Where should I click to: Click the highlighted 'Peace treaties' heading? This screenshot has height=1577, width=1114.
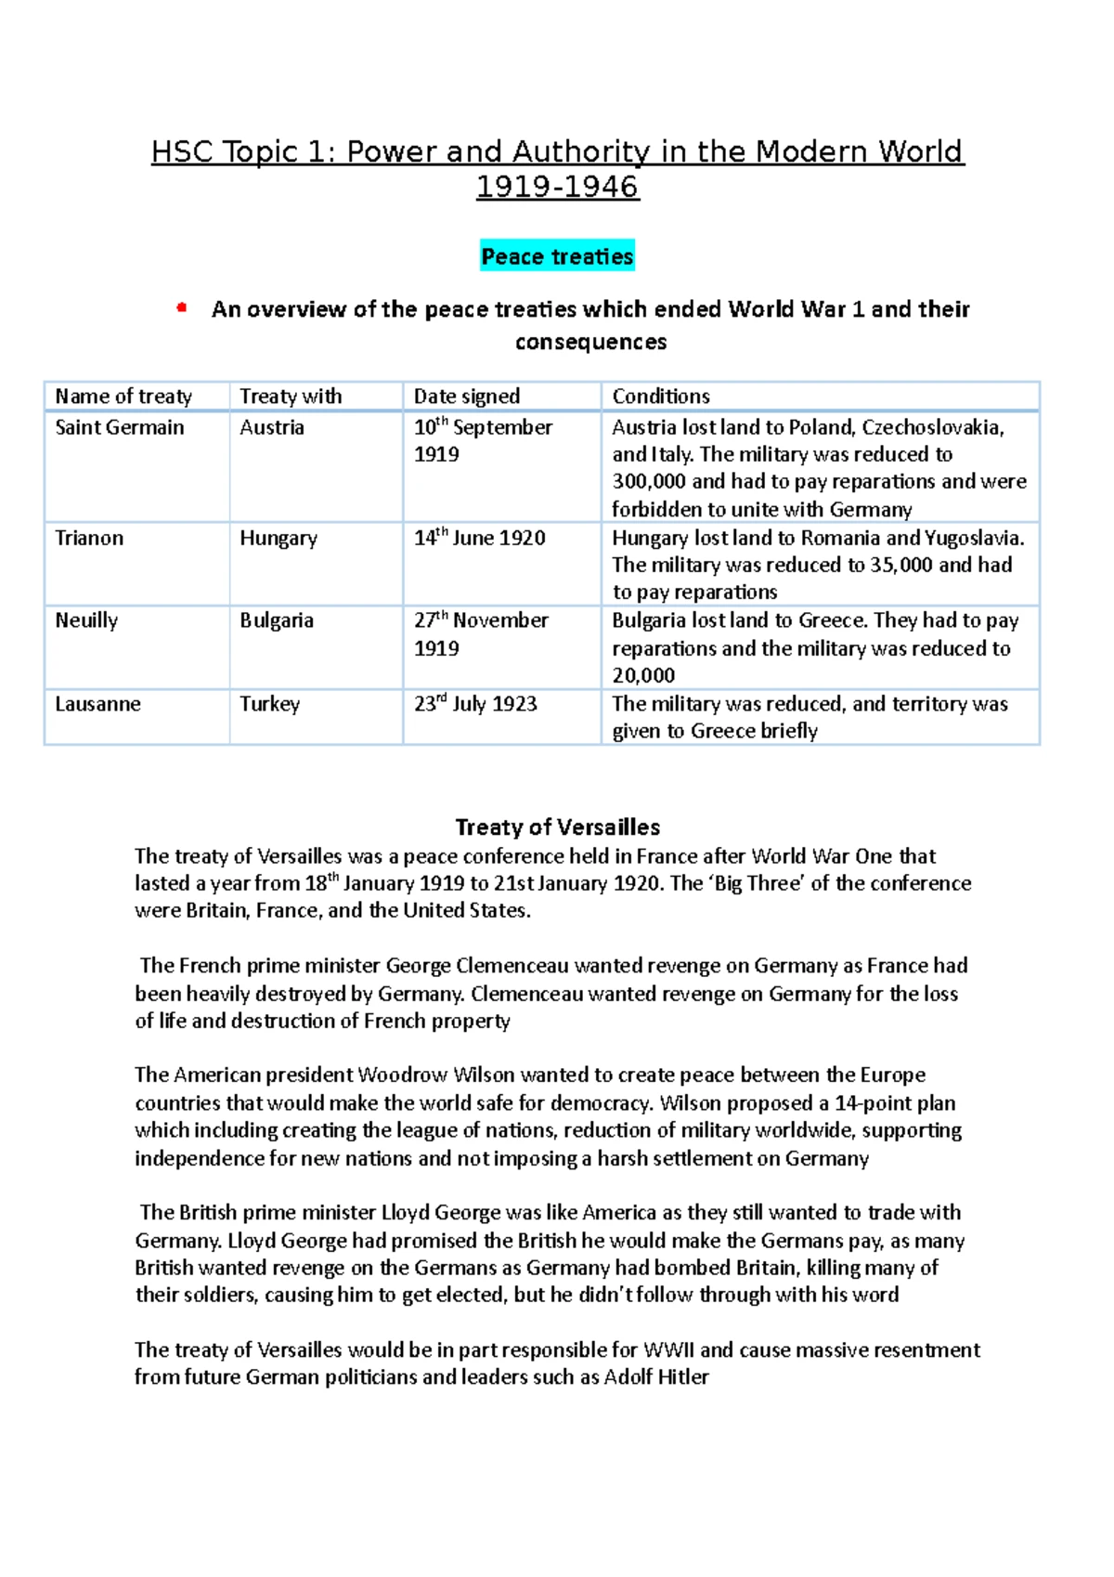[557, 256]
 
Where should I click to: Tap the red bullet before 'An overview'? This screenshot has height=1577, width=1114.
[182, 307]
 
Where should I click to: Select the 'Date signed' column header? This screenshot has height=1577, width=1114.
[466, 397]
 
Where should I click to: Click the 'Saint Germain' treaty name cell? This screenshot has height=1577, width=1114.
[120, 427]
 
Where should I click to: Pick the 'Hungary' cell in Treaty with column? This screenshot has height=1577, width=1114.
[278, 539]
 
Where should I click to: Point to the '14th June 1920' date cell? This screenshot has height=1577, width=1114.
[479, 538]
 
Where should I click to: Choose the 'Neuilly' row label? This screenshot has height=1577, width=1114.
[86, 620]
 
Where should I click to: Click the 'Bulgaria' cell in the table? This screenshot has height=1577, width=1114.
[277, 620]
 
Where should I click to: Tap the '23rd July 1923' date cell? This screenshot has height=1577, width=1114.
[475, 704]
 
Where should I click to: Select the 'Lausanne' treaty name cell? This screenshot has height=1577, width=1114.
[97, 704]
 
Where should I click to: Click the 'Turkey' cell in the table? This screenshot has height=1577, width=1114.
[270, 704]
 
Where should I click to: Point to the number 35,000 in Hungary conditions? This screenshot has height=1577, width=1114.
[900, 565]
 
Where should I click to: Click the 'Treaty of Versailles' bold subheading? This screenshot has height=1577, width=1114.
[558, 828]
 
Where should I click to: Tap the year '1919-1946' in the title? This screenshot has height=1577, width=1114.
[557, 187]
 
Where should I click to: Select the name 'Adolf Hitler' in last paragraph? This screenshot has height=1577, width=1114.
[656, 1377]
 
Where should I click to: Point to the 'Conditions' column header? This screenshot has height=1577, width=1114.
[661, 397]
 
